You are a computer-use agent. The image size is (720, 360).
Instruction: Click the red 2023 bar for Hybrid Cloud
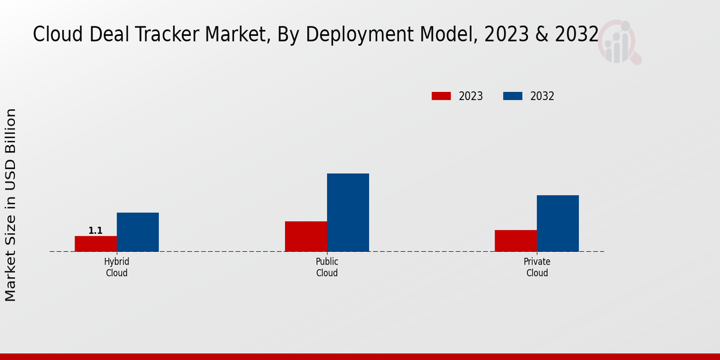point(95,244)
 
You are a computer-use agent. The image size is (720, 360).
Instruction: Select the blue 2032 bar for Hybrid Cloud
point(137,232)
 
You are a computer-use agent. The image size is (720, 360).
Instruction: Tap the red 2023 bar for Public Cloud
point(306,236)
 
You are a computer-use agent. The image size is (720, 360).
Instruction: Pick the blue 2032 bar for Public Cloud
point(348,212)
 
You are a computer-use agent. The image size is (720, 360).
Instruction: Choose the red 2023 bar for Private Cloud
point(515,241)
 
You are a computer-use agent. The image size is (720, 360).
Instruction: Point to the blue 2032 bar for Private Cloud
point(557,223)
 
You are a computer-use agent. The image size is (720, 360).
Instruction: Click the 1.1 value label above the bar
point(95,230)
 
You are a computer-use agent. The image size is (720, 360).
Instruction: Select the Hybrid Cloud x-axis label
point(116,268)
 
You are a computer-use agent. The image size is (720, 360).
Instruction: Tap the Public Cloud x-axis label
point(327,268)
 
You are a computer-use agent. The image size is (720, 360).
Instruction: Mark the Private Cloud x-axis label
point(537,268)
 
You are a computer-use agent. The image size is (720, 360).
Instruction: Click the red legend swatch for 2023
point(441,96)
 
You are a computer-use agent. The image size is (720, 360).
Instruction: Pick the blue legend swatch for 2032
point(512,96)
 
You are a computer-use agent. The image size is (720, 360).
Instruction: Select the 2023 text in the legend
point(471,96)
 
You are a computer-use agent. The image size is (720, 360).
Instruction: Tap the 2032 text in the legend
point(542,96)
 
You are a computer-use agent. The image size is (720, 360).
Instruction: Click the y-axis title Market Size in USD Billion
point(11,205)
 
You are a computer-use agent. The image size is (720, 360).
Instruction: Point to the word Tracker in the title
point(171,35)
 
